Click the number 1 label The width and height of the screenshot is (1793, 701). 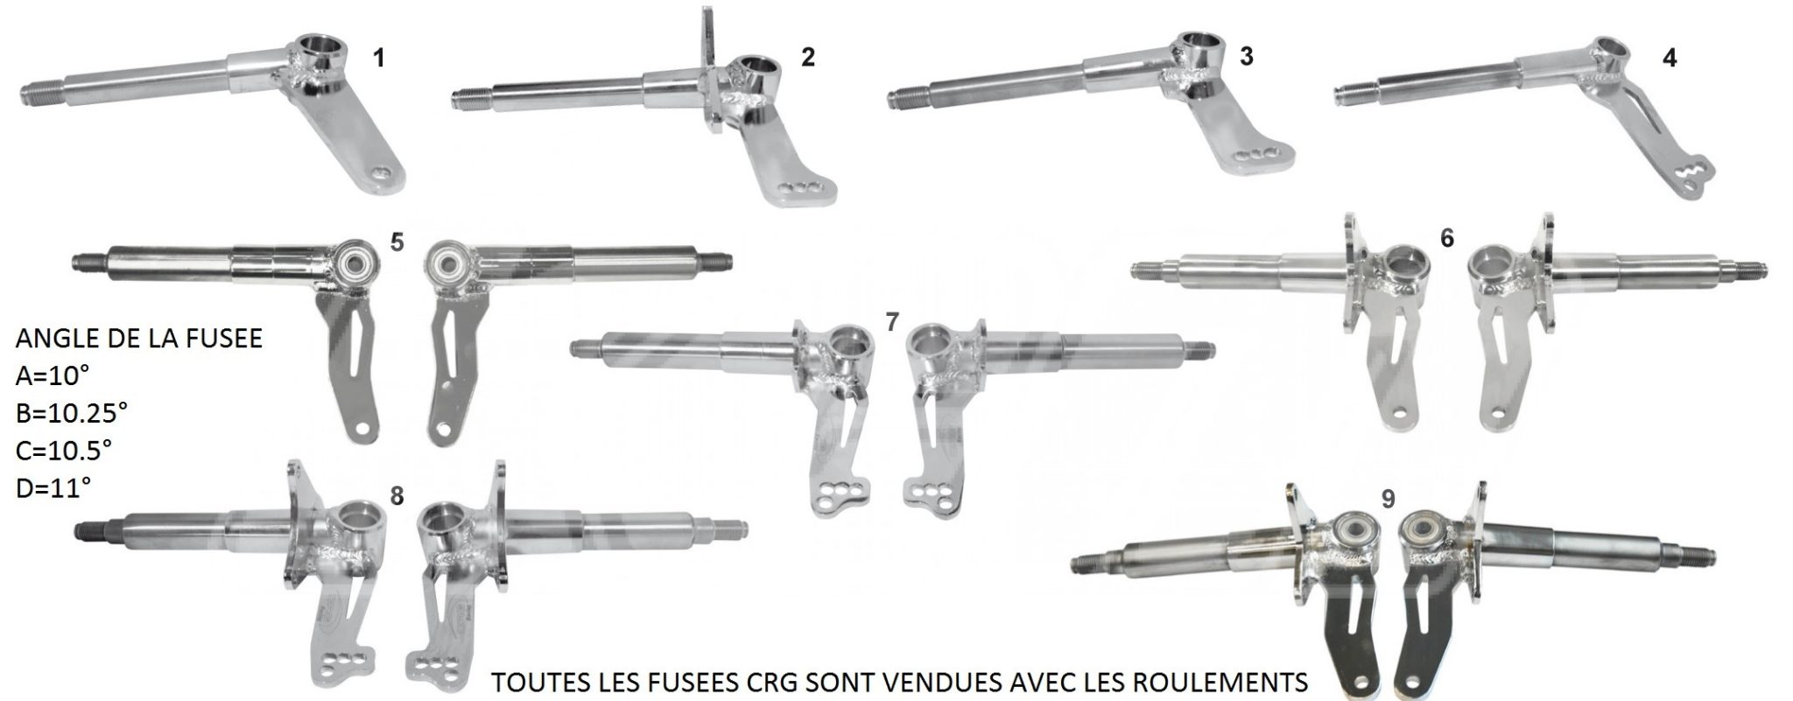[378, 58]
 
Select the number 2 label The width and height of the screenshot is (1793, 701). [808, 57]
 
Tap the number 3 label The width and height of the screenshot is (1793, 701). [1247, 57]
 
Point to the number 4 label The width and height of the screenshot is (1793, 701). [1670, 58]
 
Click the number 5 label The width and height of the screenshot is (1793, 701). [397, 242]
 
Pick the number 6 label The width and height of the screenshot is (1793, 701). [1446, 237]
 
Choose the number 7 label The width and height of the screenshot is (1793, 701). [891, 322]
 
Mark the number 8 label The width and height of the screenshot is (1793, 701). [397, 496]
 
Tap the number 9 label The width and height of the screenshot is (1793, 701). [1388, 499]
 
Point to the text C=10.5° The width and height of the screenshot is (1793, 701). [64, 450]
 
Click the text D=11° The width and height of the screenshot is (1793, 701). [53, 487]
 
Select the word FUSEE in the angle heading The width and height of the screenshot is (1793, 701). [226, 339]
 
